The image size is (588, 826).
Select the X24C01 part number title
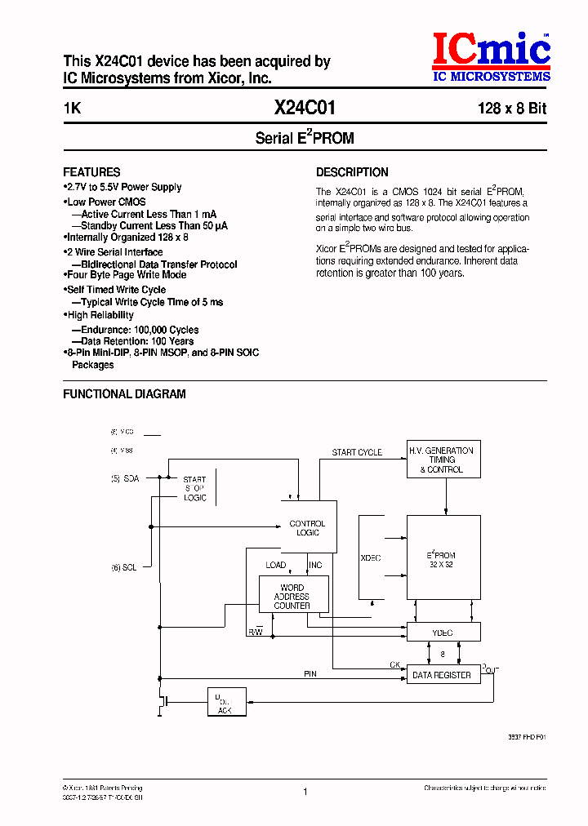pos(304,109)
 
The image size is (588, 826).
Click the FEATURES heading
pos(91,172)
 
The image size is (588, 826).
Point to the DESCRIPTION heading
pos(352,172)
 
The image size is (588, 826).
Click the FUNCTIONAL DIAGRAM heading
pos(124,394)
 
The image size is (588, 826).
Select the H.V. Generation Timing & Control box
pos(444,460)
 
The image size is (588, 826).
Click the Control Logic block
pos(308,528)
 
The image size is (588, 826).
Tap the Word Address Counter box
pos(292,597)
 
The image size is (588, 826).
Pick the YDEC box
pos(443,633)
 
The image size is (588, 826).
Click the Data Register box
pos(442,675)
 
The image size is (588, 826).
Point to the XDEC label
pos(371,558)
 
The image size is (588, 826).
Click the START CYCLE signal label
pos(357,452)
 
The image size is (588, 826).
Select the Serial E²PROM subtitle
pos(305,138)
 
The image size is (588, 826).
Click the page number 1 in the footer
pos(305,792)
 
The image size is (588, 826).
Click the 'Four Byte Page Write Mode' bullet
pos(126,275)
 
